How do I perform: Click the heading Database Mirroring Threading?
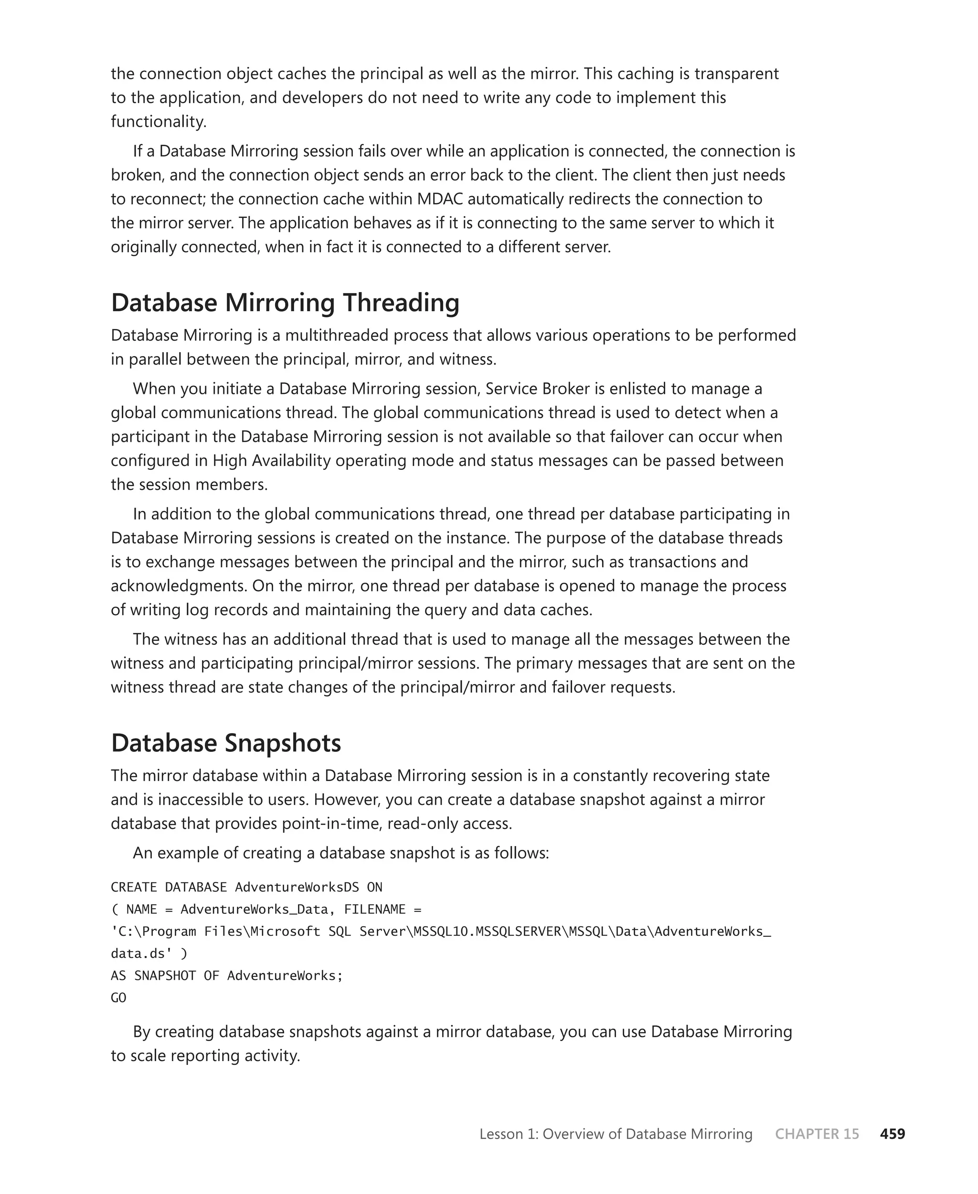(285, 303)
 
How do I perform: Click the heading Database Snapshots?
(226, 742)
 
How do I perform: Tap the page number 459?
(893, 1134)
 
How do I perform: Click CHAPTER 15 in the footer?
(817, 1134)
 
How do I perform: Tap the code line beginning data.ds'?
(149, 953)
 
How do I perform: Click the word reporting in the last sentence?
(205, 1055)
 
